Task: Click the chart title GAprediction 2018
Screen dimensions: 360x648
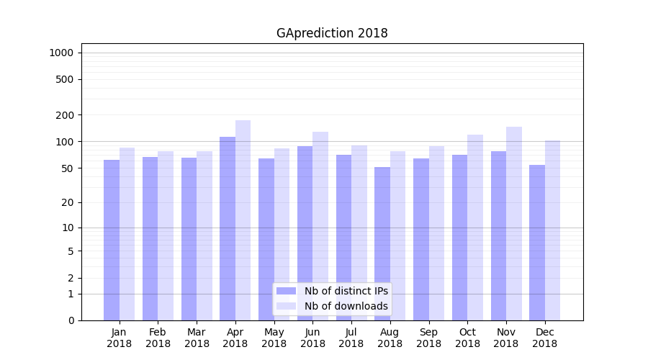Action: (x=332, y=33)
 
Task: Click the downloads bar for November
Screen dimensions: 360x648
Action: (x=514, y=223)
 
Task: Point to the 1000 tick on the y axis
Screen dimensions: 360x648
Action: (x=61, y=53)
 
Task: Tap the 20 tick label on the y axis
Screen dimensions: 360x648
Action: (x=68, y=202)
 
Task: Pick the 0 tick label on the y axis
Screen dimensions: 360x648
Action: (x=71, y=320)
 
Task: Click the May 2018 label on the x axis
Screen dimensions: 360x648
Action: (x=274, y=338)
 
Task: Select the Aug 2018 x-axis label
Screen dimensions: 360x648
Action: (x=390, y=338)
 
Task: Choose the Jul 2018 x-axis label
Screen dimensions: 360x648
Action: (x=351, y=338)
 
